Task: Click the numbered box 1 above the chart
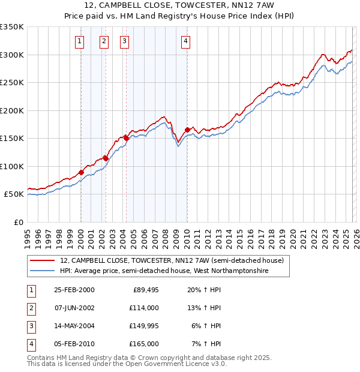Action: coord(80,41)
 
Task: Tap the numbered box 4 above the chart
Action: coord(186,41)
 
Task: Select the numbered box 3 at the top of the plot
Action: coord(124,41)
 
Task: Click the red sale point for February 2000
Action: coord(81,172)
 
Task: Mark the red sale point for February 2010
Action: coord(187,130)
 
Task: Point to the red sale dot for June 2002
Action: coord(106,158)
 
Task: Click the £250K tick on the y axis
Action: coord(11,83)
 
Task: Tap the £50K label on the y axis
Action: coord(13,194)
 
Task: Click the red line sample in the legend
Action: coord(43,260)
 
